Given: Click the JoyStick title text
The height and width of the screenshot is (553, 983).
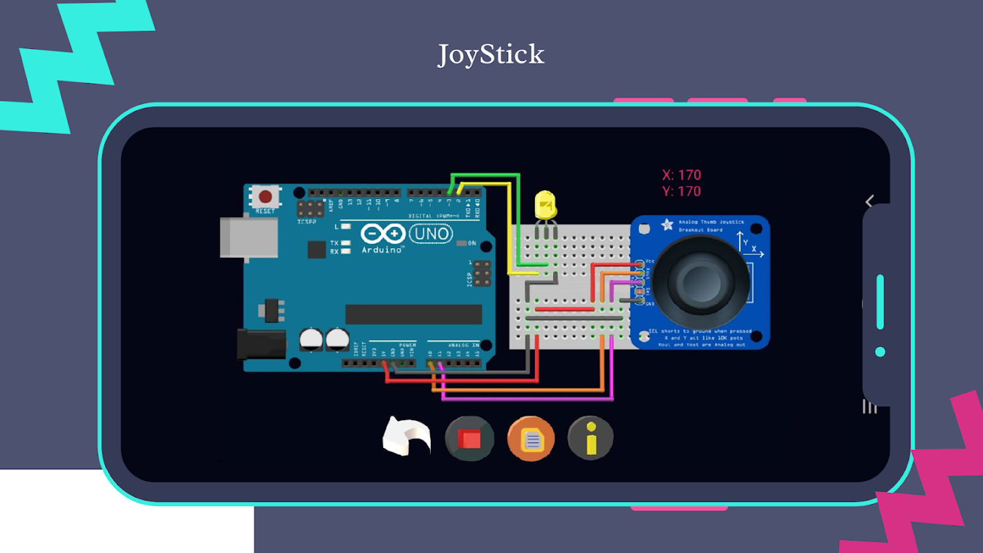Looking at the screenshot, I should pos(491,55).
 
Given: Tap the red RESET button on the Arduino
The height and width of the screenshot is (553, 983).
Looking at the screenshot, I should pos(265,196).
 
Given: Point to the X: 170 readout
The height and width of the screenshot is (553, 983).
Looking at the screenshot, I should pos(681,175).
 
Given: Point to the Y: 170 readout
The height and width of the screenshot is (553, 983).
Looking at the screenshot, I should pos(681,191).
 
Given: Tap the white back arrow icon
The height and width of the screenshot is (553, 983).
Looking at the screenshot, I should pos(407,437).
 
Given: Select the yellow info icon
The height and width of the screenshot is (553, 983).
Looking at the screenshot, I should pos(590,438).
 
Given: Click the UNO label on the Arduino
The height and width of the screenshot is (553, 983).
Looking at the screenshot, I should pos(431,234).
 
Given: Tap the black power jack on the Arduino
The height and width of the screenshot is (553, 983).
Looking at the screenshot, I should pos(261,344).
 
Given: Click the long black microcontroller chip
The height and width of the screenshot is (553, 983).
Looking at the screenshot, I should pos(413,314).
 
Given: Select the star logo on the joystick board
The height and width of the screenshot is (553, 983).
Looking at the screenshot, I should pos(667,225).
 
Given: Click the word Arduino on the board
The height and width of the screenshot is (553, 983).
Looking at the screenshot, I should pos(382,250).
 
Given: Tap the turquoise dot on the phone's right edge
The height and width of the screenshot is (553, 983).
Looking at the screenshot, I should pos(880,352).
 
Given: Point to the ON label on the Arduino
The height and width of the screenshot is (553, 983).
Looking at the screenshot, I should pos(471,243).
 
